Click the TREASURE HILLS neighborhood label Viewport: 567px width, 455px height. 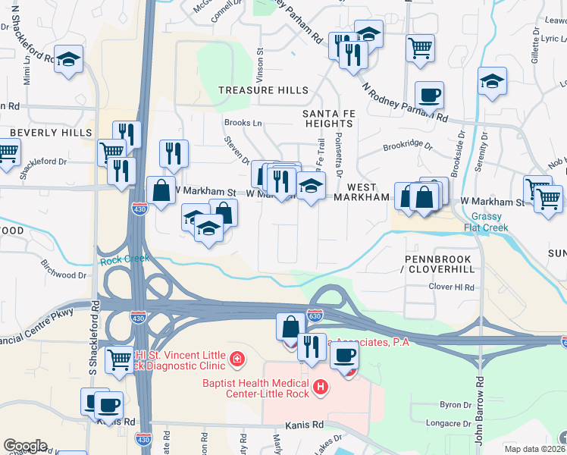pos(263,90)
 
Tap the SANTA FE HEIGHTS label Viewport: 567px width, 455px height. pos(328,118)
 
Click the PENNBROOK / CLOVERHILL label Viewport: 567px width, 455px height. pos(438,264)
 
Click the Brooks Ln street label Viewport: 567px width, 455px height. pos(242,123)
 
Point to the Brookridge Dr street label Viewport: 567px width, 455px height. pos(407,145)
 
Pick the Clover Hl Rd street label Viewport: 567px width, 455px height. pos(451,287)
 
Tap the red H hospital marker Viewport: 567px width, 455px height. pos(321,388)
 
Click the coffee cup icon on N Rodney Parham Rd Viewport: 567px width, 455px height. pos(429,96)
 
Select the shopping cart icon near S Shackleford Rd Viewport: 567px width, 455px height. pos(119,359)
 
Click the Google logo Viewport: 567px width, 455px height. pos(25,446)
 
